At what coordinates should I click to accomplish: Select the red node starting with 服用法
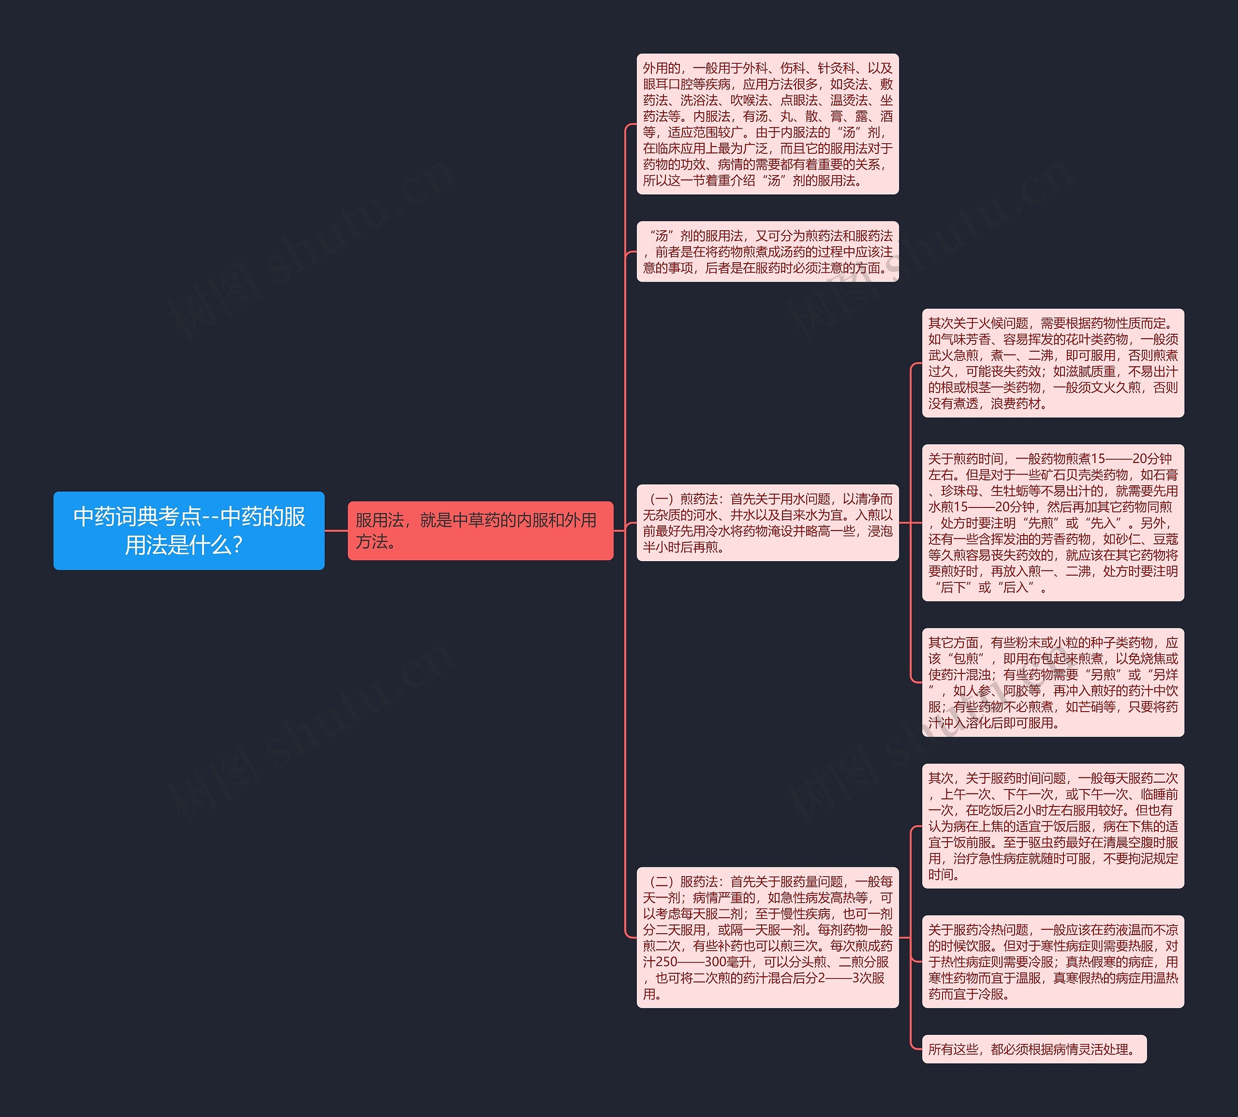point(480,530)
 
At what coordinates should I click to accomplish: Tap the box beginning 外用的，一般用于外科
point(767,124)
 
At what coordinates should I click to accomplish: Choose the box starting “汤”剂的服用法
point(767,252)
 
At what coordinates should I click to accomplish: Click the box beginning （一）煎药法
point(767,523)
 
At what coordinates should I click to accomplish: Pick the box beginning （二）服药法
point(767,937)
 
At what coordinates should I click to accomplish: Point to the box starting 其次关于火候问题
point(1052,363)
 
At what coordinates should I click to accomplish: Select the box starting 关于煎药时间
point(1052,523)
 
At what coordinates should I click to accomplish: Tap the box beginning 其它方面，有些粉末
point(1052,683)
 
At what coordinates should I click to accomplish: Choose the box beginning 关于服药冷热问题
point(1052,962)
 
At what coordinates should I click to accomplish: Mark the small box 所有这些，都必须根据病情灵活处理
point(1034,1049)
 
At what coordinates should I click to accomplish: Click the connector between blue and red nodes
point(336,530)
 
